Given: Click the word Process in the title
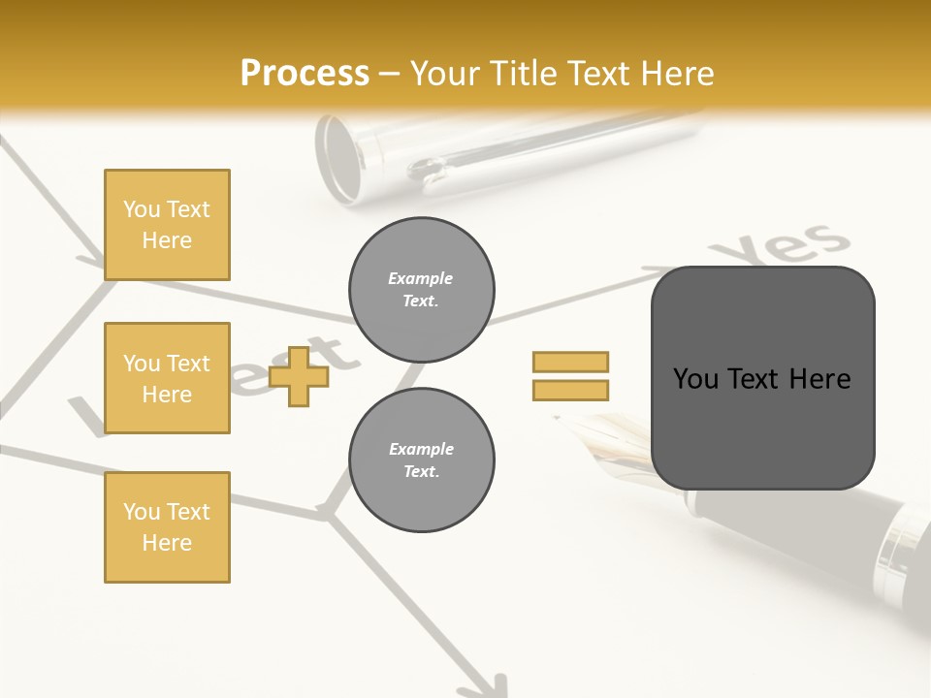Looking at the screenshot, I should point(305,74).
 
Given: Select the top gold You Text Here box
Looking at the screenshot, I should point(167,225).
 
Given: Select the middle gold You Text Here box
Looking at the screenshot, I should point(167,378).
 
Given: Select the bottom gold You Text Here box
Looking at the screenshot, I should point(167,526).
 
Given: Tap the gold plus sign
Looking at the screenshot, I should point(299,375).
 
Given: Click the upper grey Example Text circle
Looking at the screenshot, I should point(422,290).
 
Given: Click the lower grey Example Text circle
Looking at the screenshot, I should point(422,460).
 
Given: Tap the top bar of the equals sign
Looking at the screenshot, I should point(570,362).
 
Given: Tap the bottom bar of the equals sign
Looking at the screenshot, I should point(570,390).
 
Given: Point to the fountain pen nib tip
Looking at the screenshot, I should point(559,418).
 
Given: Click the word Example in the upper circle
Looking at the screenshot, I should point(421,278).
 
